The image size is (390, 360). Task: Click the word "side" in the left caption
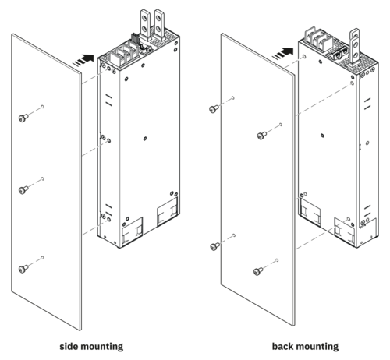click(x=68, y=346)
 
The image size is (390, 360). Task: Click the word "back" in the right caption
click(x=282, y=346)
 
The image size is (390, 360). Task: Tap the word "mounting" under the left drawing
click(x=101, y=347)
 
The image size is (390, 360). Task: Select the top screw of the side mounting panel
click(x=23, y=118)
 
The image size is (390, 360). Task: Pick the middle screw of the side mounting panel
click(x=23, y=190)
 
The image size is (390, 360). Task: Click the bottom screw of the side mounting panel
click(x=23, y=269)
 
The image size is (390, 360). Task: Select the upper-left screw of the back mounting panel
click(x=214, y=109)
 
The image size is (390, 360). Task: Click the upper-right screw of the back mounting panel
click(x=262, y=136)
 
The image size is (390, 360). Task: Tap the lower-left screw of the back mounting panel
click(x=214, y=246)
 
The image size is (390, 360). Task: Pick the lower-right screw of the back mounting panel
click(x=258, y=271)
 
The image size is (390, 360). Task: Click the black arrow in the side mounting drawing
click(x=83, y=60)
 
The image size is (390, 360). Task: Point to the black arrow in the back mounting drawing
click(x=283, y=53)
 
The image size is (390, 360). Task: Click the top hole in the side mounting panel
click(x=43, y=107)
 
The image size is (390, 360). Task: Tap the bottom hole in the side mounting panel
click(x=43, y=258)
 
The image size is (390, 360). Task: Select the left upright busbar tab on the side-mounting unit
click(x=145, y=25)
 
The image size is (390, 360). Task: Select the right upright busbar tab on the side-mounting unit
click(x=159, y=24)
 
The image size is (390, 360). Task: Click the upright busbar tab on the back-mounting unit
click(x=355, y=48)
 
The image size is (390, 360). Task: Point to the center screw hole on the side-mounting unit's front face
click(x=145, y=139)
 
